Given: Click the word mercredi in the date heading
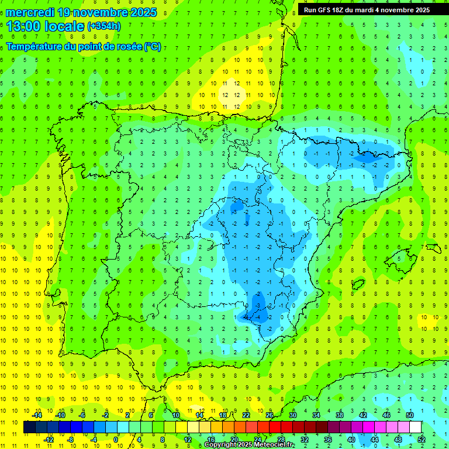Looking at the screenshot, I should [x=31, y=12].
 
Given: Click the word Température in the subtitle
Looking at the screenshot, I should [x=35, y=47].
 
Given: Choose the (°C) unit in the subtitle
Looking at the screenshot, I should [x=153, y=47].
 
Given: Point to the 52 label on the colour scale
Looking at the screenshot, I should [x=421, y=440].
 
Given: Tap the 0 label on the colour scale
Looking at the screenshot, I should [x=116, y=440].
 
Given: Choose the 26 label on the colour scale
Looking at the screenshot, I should [x=269, y=415].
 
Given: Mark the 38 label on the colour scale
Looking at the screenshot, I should [x=339, y=415].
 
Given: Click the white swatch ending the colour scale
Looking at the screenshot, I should [x=415, y=427].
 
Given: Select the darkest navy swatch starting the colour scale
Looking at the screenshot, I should [x=29, y=427].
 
